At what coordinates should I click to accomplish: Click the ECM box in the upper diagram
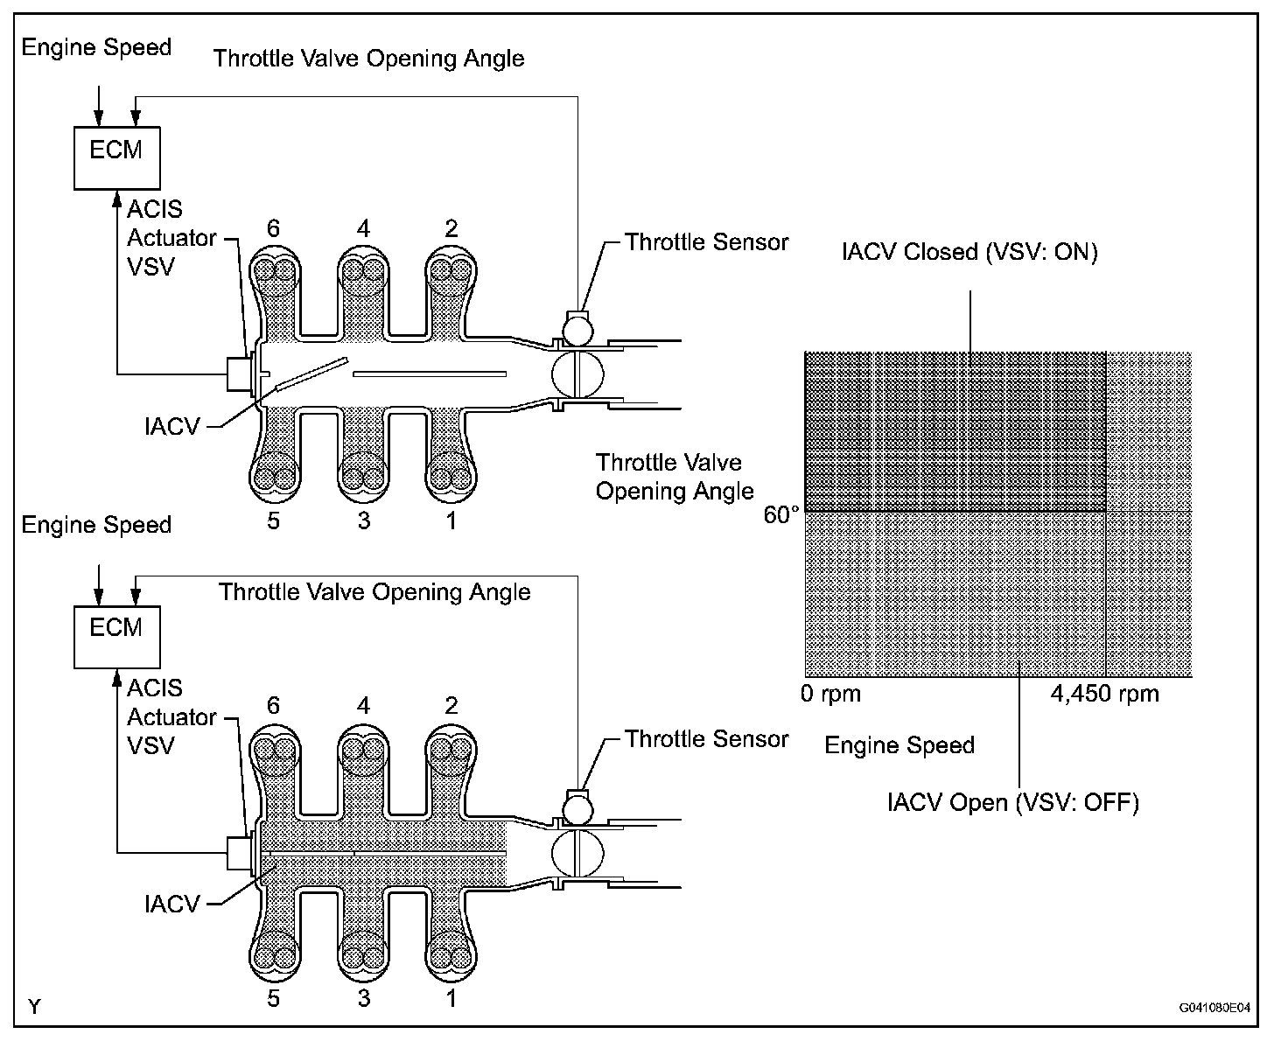pos(117,158)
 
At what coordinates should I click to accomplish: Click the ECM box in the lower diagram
pos(117,637)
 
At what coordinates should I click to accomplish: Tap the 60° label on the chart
pos(781,515)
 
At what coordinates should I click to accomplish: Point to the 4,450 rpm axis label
pos(1105,694)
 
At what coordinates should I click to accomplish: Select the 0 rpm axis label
pos(830,694)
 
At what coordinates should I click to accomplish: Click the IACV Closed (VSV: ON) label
pos(969,251)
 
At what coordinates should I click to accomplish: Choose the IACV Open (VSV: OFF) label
pos(1013,802)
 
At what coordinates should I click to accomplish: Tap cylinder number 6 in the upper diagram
pos(274,228)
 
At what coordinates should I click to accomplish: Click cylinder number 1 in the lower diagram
pos(451,998)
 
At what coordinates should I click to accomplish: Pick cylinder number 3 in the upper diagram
pos(364,520)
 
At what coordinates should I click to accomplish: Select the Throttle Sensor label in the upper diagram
pos(706,242)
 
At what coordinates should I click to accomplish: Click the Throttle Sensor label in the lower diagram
pos(706,739)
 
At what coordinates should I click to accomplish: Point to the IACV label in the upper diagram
pos(172,427)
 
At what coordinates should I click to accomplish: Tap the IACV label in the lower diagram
pos(172,905)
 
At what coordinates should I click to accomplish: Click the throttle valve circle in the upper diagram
pos(577,374)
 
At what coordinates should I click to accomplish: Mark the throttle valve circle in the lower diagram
pos(577,853)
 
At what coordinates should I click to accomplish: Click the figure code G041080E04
pos(1214,1007)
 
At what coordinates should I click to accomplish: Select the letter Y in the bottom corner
pos(34,1007)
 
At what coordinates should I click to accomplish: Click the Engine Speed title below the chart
pos(899,745)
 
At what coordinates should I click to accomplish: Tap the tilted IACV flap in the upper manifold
pos(311,374)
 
